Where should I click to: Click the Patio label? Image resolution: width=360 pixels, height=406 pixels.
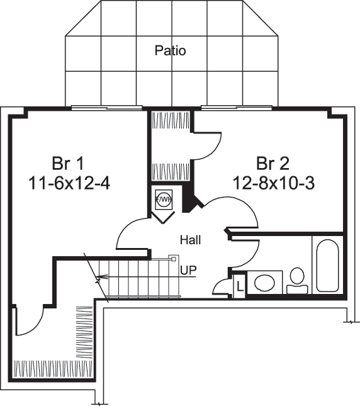(170, 50)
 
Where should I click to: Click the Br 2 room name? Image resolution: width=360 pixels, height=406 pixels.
(273, 164)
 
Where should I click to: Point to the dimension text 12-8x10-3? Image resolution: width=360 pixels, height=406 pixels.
(273, 183)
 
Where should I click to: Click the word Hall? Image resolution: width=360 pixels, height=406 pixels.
(190, 240)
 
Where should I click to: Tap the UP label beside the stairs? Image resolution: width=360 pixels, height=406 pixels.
(188, 271)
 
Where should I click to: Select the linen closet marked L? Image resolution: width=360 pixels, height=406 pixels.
(240, 285)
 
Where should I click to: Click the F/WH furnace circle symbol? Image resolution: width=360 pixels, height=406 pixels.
(163, 200)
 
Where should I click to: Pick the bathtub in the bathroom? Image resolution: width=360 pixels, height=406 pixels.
(327, 265)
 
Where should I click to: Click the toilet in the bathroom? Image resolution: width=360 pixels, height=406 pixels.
(297, 281)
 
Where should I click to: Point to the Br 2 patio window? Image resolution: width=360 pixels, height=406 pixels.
(237, 108)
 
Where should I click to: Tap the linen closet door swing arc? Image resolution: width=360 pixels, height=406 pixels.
(222, 286)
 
